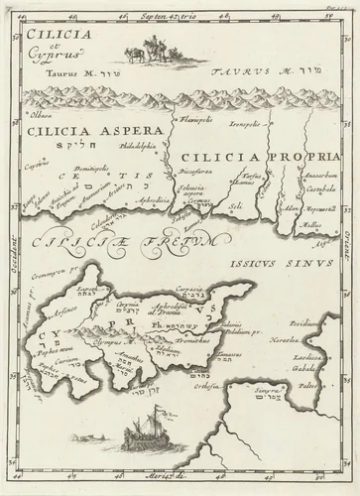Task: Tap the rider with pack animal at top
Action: coord(147,53)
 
